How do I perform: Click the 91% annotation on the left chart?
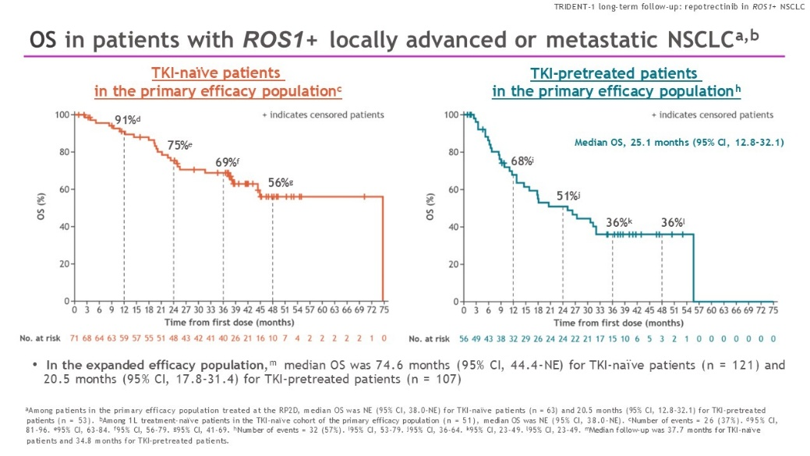pyautogui.click(x=126, y=120)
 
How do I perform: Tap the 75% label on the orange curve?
pyautogui.click(x=179, y=145)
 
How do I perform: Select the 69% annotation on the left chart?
pyautogui.click(x=227, y=162)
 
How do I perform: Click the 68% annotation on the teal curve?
pyautogui.click(x=522, y=161)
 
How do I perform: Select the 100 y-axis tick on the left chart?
pyautogui.click(x=61, y=115)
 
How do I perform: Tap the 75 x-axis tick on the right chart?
pyautogui.click(x=773, y=310)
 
